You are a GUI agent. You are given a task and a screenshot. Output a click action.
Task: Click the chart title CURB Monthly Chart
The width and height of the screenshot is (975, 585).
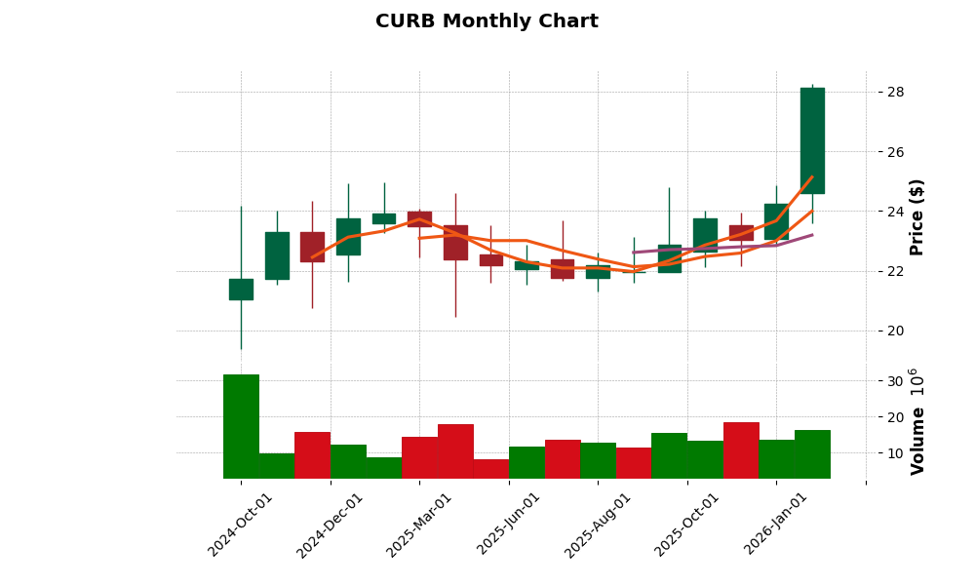coord(487,21)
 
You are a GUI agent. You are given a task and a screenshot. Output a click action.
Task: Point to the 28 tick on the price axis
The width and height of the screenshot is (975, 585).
coord(895,93)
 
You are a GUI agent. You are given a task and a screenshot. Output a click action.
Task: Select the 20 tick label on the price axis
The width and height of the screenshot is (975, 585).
coord(895,331)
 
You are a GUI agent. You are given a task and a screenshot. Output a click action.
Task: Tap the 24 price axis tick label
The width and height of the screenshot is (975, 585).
coord(895,212)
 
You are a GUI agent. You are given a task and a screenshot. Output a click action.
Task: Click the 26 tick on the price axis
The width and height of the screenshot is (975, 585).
coord(895,152)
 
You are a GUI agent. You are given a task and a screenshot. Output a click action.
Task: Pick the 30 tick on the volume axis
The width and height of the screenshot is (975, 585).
coord(895,381)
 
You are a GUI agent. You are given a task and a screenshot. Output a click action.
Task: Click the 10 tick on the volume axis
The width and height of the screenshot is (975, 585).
coord(895,453)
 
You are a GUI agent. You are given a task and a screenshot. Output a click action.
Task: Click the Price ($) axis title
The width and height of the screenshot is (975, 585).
coord(916,216)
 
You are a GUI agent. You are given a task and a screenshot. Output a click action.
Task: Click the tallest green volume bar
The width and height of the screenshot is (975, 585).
coord(241,426)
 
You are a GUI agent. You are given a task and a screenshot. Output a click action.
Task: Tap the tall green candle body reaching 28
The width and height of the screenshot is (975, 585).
coord(812,140)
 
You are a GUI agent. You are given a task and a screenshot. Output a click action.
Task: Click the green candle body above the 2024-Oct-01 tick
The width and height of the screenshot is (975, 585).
coord(241,290)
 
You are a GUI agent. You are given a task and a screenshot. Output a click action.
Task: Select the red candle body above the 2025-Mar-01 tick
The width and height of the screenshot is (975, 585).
coord(419,218)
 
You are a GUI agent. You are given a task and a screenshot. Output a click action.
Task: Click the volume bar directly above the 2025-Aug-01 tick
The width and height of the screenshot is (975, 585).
coord(598,460)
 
